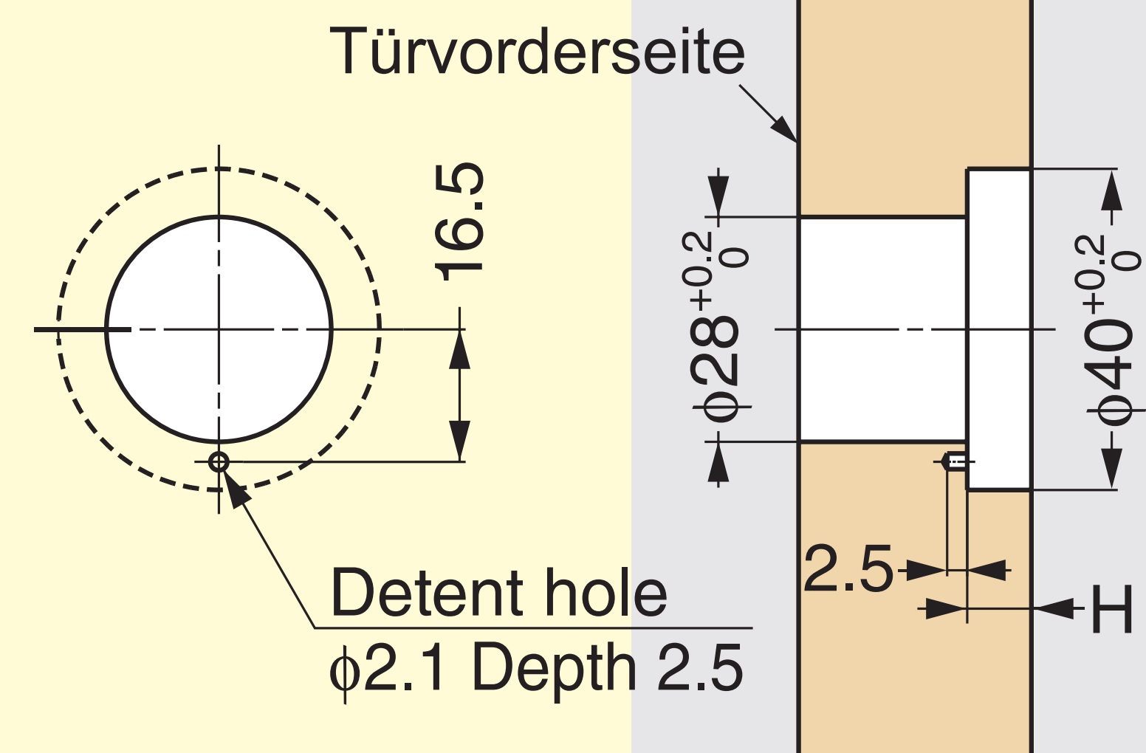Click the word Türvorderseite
(x=538, y=51)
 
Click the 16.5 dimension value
(x=459, y=221)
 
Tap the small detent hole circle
(x=219, y=462)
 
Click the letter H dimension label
(x=1111, y=609)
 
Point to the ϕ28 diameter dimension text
(x=716, y=327)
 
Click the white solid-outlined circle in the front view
(x=219, y=329)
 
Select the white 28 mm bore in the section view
(x=882, y=329)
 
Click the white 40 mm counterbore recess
(x=998, y=329)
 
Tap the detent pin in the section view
(x=955, y=462)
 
